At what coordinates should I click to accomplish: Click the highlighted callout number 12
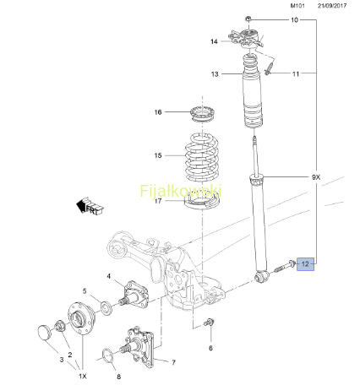pyautogui.click(x=305, y=264)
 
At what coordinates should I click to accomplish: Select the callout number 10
pyautogui.click(x=294, y=20)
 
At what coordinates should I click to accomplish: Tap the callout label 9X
pyautogui.click(x=316, y=177)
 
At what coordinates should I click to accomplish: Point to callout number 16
pyautogui.click(x=158, y=112)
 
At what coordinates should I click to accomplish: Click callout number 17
pyautogui.click(x=158, y=201)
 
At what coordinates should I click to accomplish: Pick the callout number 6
pyautogui.click(x=210, y=348)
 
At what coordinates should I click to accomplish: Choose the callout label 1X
pyautogui.click(x=83, y=376)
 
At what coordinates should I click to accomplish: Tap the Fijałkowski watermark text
pyautogui.click(x=181, y=191)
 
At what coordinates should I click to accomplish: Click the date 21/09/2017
pyautogui.click(x=332, y=6)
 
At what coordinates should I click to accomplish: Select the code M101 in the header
pyautogui.click(x=297, y=6)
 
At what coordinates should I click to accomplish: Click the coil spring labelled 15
pyautogui.click(x=202, y=156)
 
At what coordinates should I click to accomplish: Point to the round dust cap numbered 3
pyautogui.click(x=45, y=332)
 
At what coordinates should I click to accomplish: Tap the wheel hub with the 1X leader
pyautogui.click(x=81, y=317)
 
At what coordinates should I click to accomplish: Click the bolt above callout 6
pyautogui.click(x=209, y=323)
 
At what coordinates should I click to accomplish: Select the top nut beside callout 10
pyautogui.click(x=248, y=19)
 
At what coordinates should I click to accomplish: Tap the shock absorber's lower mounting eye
pyautogui.click(x=262, y=277)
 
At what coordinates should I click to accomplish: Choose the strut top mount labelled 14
pyautogui.click(x=245, y=38)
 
